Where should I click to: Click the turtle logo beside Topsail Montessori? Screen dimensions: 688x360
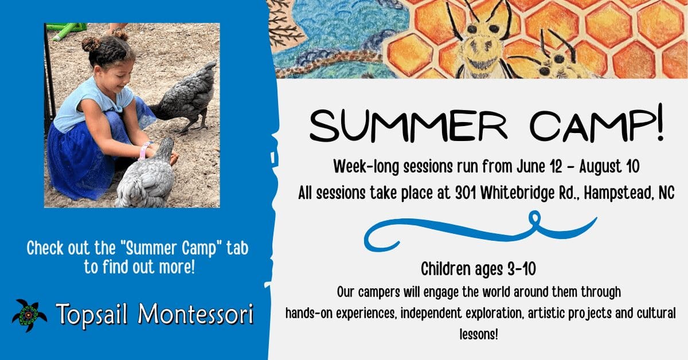29,315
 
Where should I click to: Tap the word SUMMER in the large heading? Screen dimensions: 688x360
408,127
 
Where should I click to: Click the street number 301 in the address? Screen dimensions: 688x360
466,193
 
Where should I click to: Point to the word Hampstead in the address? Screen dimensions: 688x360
615,194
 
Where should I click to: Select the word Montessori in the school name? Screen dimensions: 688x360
196,314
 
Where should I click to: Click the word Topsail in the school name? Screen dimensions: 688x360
91,315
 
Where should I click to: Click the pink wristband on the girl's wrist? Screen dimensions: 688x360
143,151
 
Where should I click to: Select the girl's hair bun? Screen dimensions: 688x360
91,44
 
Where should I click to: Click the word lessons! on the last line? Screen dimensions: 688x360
479,334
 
